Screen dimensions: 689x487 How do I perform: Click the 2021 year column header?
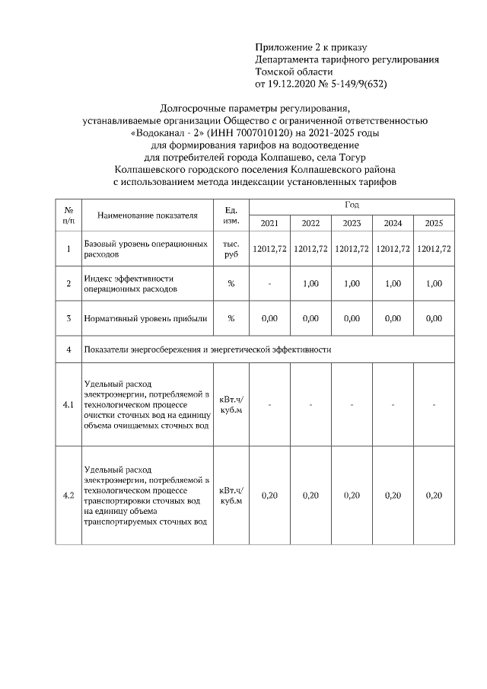tap(269, 223)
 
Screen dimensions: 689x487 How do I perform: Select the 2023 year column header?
tap(352, 223)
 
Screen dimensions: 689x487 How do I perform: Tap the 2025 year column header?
tap(434, 223)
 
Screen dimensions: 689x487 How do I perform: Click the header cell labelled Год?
tap(352, 206)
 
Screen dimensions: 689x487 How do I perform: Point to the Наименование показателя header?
tap(148, 215)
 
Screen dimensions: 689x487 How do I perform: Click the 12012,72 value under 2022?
tap(310, 249)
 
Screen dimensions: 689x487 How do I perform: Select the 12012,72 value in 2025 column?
tap(434, 249)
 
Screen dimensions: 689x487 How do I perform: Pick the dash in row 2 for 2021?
tap(269, 284)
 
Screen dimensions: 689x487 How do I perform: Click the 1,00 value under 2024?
tap(393, 284)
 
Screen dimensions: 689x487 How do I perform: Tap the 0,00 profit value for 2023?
tap(352, 319)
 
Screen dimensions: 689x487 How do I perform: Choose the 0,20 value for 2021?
tap(269, 496)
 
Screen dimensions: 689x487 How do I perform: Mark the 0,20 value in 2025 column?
tap(434, 496)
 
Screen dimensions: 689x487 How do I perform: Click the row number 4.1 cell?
tap(68, 405)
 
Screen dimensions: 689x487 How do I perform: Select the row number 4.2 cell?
tap(68, 496)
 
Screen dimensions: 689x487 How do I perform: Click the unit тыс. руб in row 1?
tap(231, 249)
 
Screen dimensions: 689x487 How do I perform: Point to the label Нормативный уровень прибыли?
tap(146, 319)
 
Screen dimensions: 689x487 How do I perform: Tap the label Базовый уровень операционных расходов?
tap(145, 249)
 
